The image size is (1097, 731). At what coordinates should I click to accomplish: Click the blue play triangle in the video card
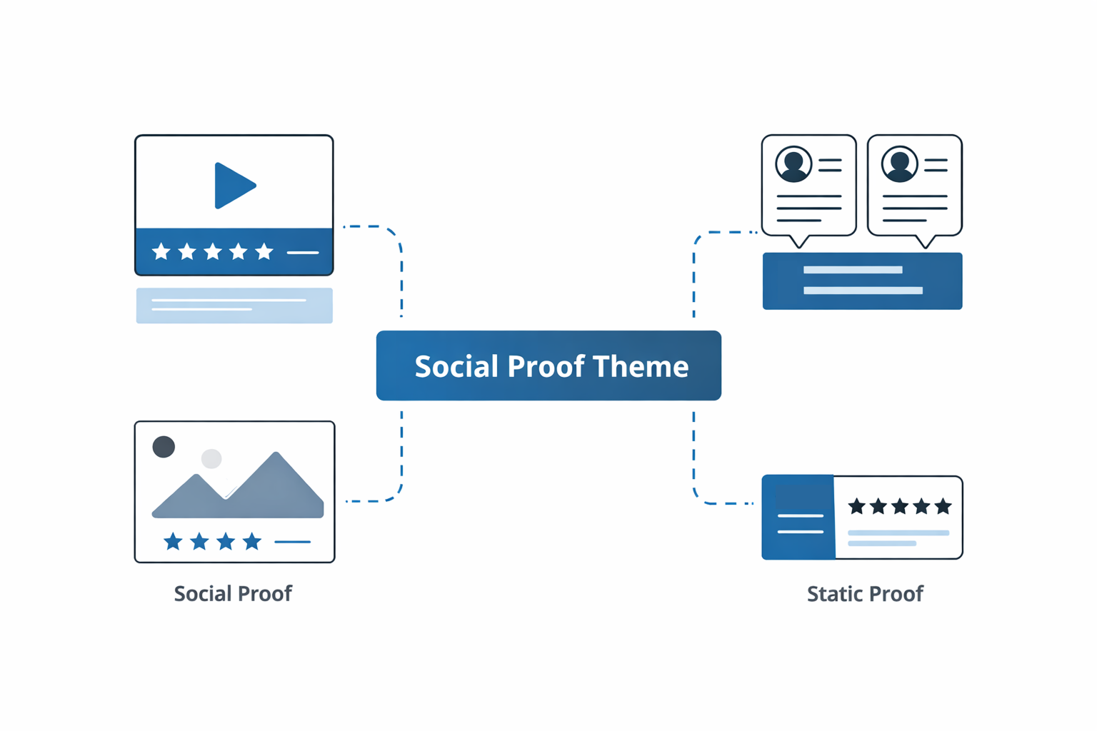pos(233,186)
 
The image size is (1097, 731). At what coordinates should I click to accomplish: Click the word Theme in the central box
pos(640,366)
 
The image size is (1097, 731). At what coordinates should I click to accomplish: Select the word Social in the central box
pos(456,366)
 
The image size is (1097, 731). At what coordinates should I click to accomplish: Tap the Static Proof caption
pos(864,593)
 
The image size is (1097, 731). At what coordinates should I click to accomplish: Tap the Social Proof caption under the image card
pos(233,593)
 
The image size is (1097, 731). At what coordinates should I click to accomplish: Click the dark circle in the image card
pos(164,447)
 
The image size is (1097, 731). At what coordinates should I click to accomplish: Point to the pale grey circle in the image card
pos(211,458)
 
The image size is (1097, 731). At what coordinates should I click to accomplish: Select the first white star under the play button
pos(161,251)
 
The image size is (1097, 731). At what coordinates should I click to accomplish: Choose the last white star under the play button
pos(264,251)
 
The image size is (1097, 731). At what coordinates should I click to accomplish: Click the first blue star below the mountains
pos(173,542)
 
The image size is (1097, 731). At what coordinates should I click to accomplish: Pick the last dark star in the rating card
pos(943,506)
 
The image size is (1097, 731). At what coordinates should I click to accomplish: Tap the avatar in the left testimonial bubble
pos(793,163)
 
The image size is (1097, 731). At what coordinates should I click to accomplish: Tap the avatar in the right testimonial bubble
pos(899,163)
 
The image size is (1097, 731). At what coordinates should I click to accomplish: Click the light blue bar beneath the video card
pos(234,306)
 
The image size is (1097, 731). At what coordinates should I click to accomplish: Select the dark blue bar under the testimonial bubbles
pos(862,281)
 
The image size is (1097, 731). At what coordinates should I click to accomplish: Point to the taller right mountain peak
pos(276,457)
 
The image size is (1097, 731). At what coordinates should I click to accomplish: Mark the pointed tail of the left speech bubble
pos(799,243)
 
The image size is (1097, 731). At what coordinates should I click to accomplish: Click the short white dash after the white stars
pos(303,252)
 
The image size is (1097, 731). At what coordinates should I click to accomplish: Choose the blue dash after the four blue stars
pos(292,542)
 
